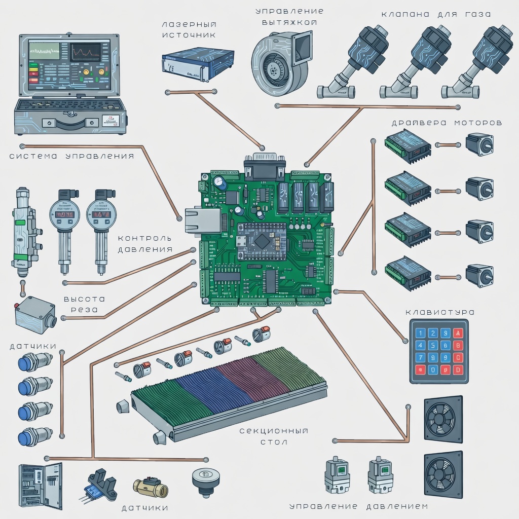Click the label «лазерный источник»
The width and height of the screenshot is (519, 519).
click(x=189, y=30)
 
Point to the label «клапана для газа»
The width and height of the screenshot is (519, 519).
click(x=436, y=14)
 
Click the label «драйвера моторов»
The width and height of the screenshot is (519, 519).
click(x=447, y=123)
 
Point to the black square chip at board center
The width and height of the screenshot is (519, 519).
click(x=262, y=241)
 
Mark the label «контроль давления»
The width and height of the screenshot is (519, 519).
click(x=145, y=244)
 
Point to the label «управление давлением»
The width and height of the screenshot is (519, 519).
click(x=358, y=506)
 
